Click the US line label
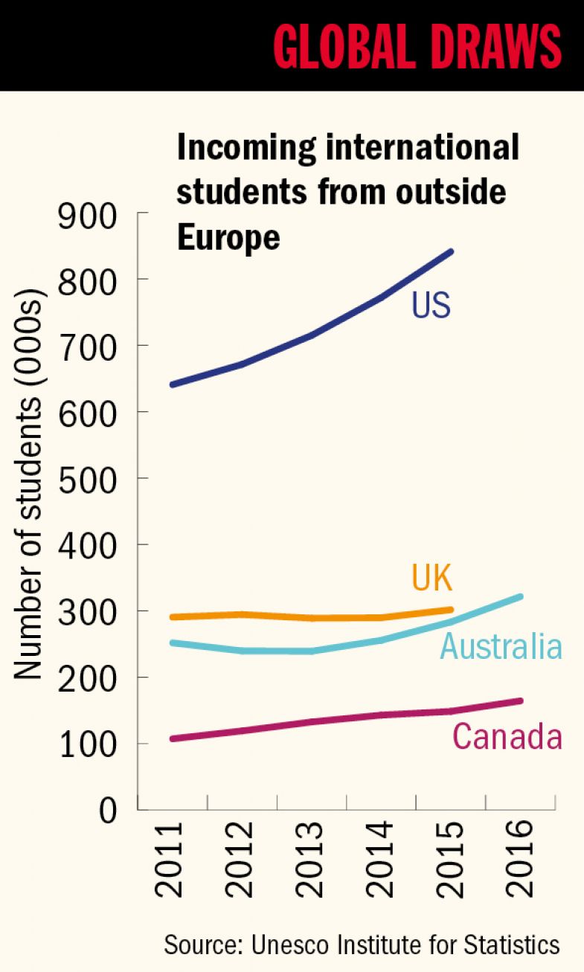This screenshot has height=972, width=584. click(x=431, y=306)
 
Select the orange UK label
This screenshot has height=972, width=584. click(x=431, y=578)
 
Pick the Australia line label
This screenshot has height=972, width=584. click(x=501, y=646)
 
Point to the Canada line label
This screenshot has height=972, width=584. click(x=507, y=737)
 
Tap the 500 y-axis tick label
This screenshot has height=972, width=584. click(x=87, y=479)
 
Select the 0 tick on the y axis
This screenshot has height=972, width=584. click(x=109, y=810)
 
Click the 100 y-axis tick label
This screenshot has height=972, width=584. click(x=87, y=744)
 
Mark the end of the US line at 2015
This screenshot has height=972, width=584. click(x=451, y=251)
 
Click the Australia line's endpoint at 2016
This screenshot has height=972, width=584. click(x=520, y=596)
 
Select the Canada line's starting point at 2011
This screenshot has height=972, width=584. click(x=173, y=738)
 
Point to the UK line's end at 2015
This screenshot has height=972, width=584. click(x=451, y=610)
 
